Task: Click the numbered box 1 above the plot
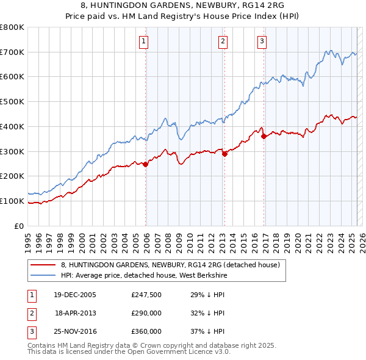click(x=143, y=41)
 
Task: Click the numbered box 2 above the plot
click(x=223, y=41)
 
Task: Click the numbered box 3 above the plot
click(x=262, y=41)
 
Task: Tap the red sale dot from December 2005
click(x=146, y=164)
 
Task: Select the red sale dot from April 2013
click(x=224, y=154)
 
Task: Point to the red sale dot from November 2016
click(x=264, y=136)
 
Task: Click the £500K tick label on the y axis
click(x=12, y=102)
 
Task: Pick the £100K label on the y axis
click(x=12, y=201)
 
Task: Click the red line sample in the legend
click(x=43, y=265)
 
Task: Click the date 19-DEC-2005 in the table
click(x=75, y=295)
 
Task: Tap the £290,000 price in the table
click(x=146, y=314)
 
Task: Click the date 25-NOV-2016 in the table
click(x=75, y=331)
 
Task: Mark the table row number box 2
click(x=31, y=314)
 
